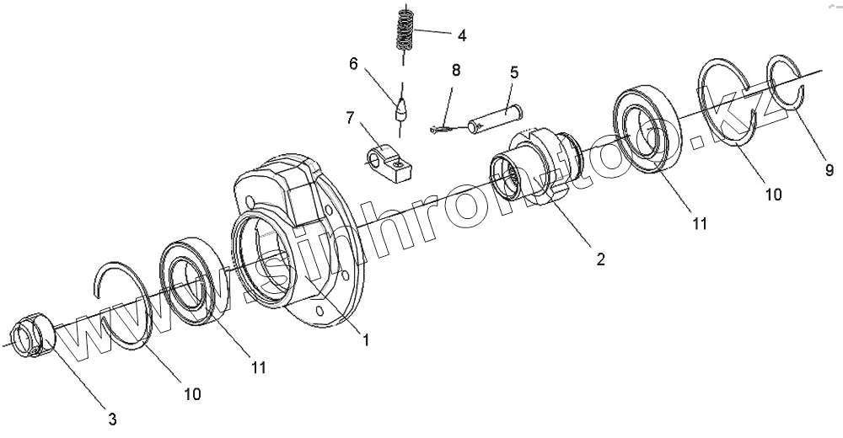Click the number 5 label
coord(513,72)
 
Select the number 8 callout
coord(456,70)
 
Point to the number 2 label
coord(600,259)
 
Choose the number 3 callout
coord(112,419)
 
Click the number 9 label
coord(830,171)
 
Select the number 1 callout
coord(366,339)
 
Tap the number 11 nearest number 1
coord(258,367)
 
